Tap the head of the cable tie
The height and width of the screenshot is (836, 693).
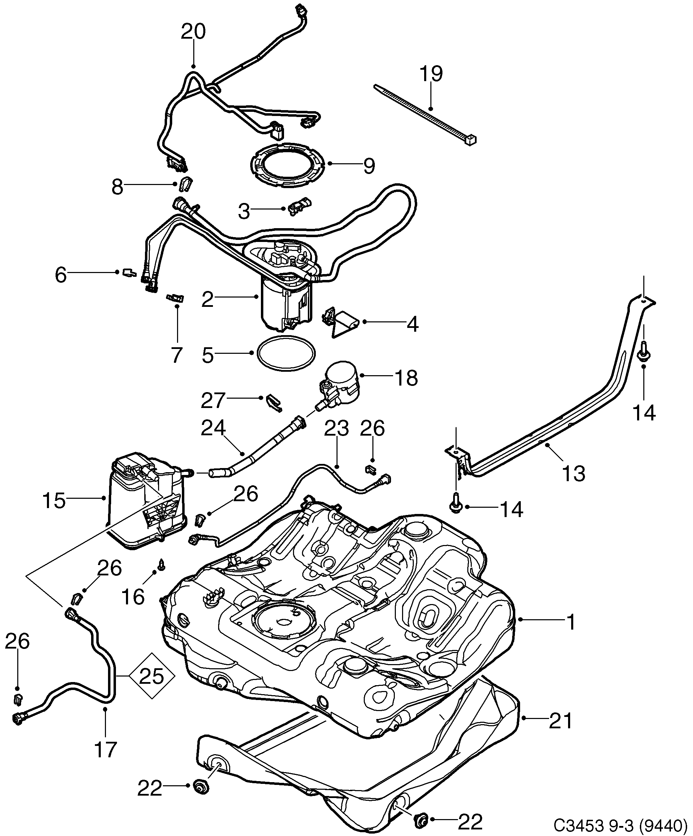click(471, 140)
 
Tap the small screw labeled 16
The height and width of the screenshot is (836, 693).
click(162, 564)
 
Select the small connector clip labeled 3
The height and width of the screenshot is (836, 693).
click(299, 206)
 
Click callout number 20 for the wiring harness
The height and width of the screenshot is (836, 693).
click(193, 32)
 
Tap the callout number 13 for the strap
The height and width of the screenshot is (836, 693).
click(574, 474)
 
